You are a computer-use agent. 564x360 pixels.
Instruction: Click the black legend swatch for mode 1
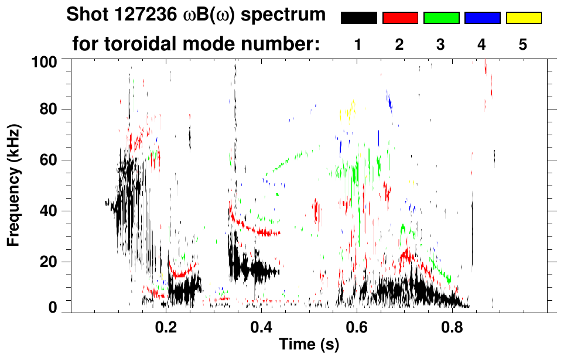pos(358,18)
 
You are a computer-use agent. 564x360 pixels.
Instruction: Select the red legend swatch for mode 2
pos(400,18)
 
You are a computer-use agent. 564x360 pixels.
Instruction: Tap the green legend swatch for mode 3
pos(441,18)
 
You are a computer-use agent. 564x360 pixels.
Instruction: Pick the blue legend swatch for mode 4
pos(482,18)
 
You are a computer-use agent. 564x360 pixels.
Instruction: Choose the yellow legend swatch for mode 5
pos(524,18)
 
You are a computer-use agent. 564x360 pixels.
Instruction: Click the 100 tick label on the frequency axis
pos(44,60)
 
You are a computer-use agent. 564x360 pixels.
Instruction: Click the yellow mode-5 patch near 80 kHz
pos(350,111)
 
